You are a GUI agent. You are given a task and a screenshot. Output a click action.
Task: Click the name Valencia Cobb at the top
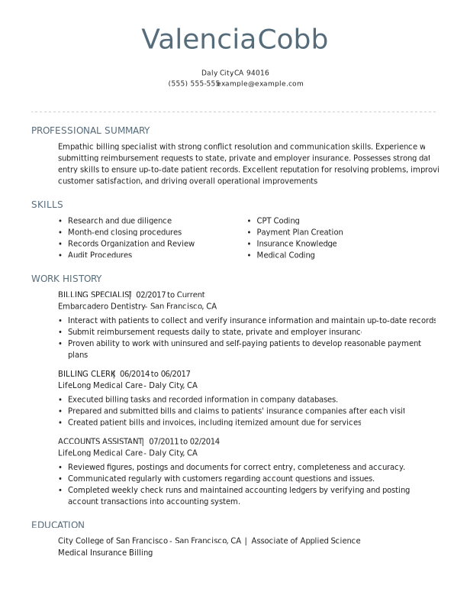[x=234, y=40]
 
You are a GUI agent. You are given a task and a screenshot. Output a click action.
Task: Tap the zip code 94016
[x=258, y=73]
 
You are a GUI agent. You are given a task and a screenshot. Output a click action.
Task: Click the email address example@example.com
[x=261, y=84]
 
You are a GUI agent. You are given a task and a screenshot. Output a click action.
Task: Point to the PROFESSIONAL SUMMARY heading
[x=90, y=131]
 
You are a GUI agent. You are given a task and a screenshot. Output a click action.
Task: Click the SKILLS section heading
[x=47, y=205]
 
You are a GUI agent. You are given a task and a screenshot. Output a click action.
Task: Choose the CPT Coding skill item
[x=278, y=221]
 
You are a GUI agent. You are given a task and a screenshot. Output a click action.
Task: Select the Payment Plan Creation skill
[x=300, y=232]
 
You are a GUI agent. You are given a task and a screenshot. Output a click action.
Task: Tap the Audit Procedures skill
[x=100, y=255]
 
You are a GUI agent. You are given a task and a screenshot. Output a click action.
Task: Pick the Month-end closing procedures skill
[x=124, y=232]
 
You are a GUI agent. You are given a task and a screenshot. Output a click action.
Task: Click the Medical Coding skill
[x=285, y=255]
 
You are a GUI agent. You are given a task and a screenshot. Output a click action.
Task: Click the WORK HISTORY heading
[x=66, y=279]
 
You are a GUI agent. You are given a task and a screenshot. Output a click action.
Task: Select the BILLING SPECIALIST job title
[x=94, y=295]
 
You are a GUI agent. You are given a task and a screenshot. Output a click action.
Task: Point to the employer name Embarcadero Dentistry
[x=101, y=306]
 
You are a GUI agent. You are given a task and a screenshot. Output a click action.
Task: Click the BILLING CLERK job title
[x=85, y=374]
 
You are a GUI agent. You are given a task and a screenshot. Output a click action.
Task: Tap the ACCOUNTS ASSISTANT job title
[x=100, y=442]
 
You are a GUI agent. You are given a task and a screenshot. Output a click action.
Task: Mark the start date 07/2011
[x=163, y=442]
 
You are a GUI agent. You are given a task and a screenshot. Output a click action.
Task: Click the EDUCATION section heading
[x=58, y=525]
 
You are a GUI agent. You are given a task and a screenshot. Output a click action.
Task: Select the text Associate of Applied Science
[x=305, y=541]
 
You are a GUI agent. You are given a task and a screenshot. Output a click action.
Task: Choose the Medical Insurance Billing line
[x=105, y=552]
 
